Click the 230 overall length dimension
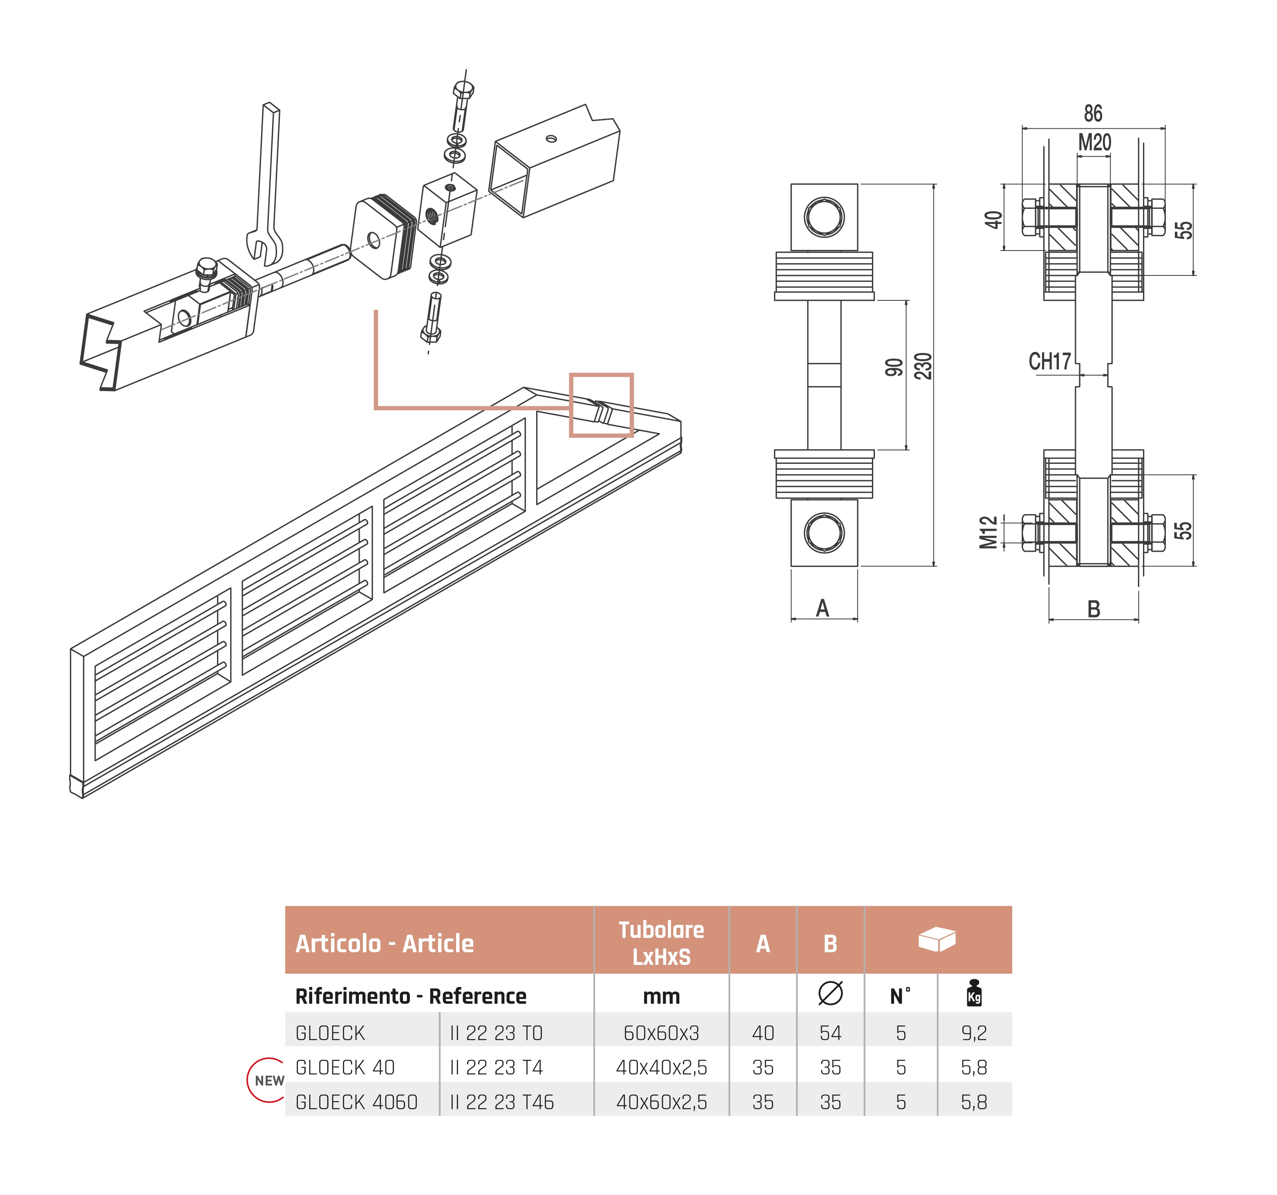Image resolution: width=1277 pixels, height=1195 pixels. coord(923,366)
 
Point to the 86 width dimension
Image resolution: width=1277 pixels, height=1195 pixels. coord(1093,114)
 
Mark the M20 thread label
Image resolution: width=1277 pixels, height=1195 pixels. coord(1094,143)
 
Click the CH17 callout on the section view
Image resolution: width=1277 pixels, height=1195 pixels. coord(1050,362)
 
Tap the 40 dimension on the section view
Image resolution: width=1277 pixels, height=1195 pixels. coord(994,220)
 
